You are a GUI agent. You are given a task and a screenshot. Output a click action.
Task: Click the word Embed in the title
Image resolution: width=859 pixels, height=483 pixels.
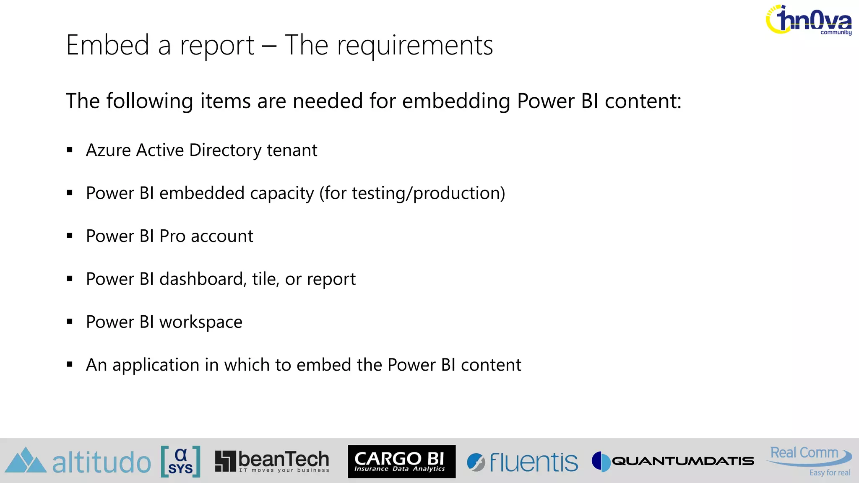108,45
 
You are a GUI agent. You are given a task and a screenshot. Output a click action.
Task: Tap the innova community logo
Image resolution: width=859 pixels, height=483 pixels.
809,20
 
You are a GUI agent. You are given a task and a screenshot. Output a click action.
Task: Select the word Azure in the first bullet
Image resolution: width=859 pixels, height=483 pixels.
108,150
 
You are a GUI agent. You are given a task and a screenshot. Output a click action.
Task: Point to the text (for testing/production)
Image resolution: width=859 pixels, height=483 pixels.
412,193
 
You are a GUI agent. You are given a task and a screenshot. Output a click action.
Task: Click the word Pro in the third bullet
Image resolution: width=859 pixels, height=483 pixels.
172,236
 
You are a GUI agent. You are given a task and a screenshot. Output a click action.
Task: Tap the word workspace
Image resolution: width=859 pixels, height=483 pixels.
200,322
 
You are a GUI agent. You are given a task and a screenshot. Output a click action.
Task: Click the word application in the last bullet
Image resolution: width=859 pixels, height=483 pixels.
156,365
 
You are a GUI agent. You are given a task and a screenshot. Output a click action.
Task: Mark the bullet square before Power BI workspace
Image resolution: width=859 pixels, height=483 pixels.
70,322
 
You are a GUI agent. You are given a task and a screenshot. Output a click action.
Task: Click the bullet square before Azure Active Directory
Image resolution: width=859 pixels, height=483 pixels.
70,150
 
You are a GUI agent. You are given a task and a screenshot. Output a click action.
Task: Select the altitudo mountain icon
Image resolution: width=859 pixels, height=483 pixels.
26,460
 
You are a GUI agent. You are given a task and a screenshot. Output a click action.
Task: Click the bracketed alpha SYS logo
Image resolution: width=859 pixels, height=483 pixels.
180,461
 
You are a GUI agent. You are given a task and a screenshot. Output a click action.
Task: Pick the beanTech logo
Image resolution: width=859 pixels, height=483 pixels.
272,461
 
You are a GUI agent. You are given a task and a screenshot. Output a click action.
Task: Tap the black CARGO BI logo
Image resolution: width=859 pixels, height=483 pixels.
401,461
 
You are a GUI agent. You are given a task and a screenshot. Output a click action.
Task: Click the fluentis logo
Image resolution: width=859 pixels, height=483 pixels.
522,462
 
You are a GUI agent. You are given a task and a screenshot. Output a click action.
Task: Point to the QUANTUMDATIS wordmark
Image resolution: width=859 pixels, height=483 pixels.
683,461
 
